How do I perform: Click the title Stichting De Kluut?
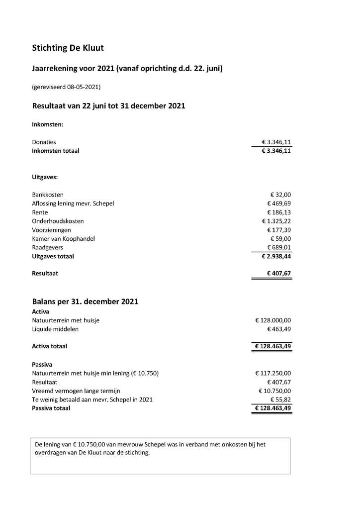(68, 48)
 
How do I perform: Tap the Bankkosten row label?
(48, 195)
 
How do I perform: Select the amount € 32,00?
(280, 195)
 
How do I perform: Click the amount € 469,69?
(279, 204)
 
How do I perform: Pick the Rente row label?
(40, 212)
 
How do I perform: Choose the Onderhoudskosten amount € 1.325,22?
(276, 221)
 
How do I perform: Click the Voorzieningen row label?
(51, 230)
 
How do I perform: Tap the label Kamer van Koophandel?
(63, 239)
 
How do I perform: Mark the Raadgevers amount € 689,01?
(279, 248)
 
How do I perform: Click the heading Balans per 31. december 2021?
(85, 302)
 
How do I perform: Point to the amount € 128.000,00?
(273, 320)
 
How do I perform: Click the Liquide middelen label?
(55, 329)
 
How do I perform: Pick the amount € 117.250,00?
(273, 373)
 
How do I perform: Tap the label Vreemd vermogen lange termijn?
(76, 391)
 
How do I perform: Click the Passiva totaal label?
(51, 408)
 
